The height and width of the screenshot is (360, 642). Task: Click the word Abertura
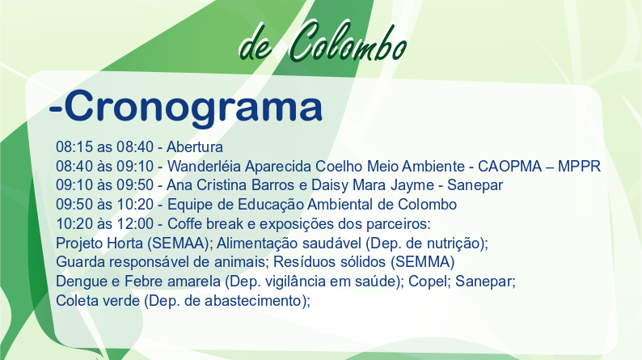click(195, 146)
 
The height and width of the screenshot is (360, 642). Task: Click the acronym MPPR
click(579, 167)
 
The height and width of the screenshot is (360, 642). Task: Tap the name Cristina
click(222, 185)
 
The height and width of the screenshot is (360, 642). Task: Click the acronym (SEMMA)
click(422, 262)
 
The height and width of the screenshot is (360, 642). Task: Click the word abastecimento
click(256, 301)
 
